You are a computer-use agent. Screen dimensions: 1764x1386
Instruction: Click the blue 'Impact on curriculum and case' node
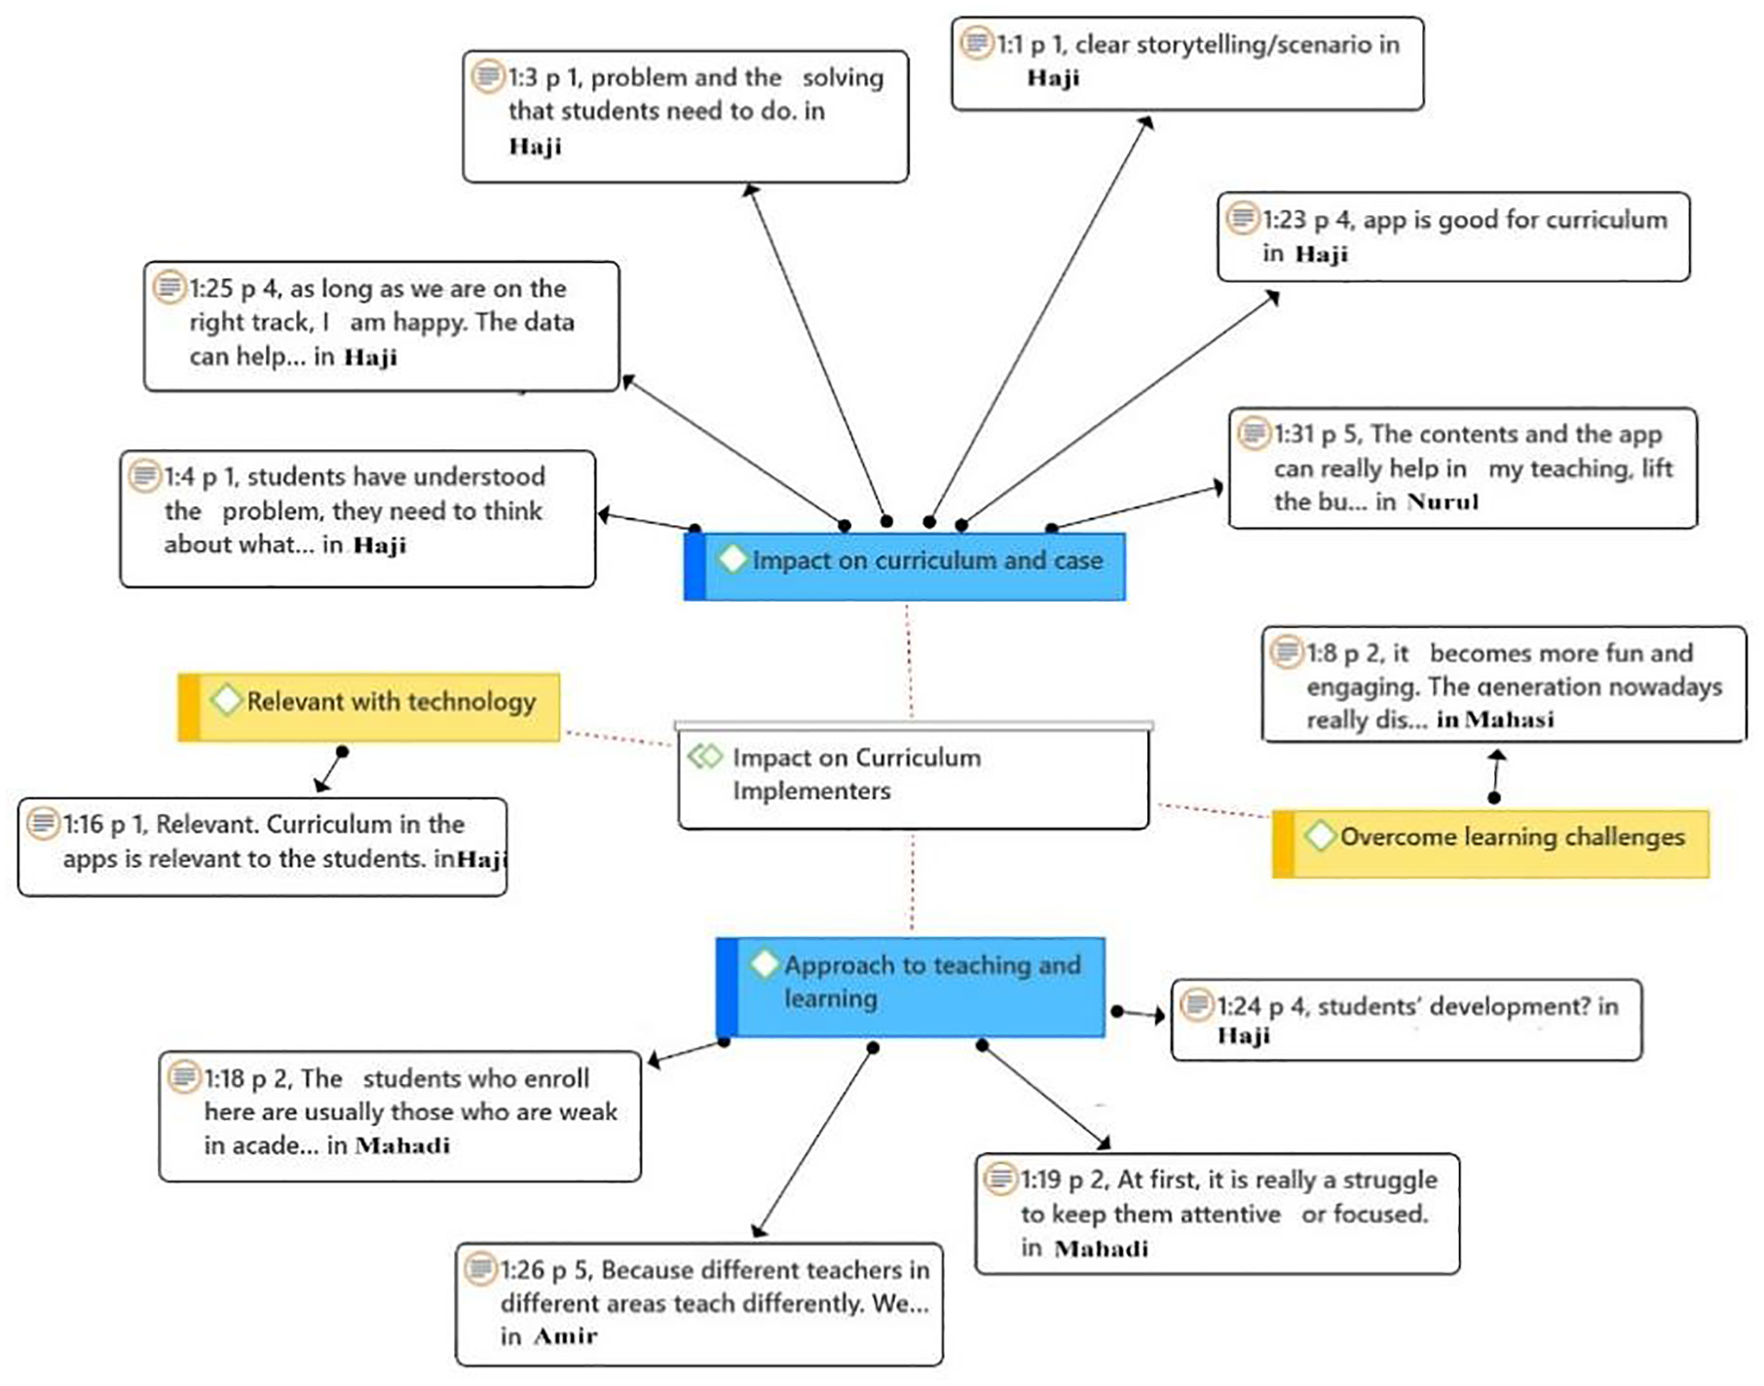[905, 566]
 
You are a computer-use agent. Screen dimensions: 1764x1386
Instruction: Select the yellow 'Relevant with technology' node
[369, 707]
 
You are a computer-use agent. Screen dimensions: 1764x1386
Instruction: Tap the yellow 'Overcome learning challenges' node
[1490, 843]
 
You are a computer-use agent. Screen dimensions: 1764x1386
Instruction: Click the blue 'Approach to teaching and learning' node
[911, 987]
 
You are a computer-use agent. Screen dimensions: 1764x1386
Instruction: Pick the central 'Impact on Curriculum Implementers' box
[914, 775]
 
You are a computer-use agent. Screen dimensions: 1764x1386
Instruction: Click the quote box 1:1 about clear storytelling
[1187, 63]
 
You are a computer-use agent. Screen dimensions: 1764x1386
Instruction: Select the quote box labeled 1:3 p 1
[686, 117]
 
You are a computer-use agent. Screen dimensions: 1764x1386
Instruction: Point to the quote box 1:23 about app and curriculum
[1453, 237]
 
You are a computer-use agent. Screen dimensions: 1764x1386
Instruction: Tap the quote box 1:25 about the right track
[382, 326]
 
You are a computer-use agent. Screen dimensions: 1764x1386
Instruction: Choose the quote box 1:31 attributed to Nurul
[1463, 468]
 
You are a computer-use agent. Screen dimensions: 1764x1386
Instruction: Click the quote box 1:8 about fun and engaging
[1504, 685]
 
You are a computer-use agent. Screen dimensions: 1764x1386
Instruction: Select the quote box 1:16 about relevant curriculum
[263, 846]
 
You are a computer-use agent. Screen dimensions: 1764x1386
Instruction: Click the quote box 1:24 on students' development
[1407, 1020]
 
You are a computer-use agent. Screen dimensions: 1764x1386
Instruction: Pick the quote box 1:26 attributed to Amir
[699, 1304]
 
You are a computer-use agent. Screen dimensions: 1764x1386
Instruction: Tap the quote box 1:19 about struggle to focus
[1218, 1214]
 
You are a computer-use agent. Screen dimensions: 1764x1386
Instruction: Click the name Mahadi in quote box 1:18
[403, 1145]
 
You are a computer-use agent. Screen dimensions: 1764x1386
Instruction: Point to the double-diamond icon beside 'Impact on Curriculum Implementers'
[705, 756]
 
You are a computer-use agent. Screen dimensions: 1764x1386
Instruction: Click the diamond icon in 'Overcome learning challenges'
[1320, 836]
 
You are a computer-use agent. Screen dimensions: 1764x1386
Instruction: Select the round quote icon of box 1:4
[145, 475]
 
